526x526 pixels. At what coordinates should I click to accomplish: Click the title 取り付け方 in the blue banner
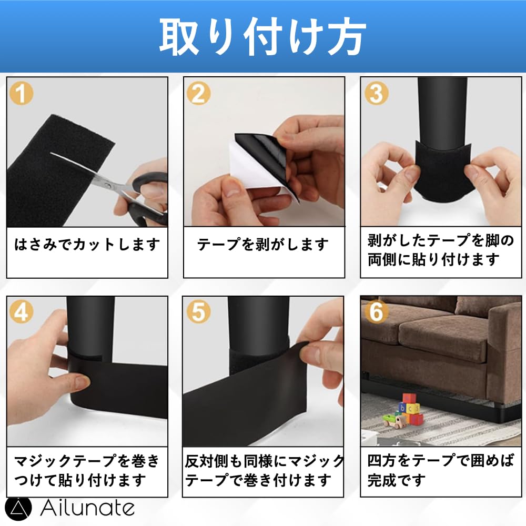pos(262,36)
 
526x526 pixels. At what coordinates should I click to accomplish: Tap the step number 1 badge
pos(22,93)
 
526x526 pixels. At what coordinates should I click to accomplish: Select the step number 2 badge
pos(199,93)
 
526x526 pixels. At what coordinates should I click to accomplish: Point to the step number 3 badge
pos(376,93)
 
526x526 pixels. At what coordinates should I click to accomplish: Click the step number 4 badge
pos(22,311)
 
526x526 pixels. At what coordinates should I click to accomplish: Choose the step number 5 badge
pos(199,311)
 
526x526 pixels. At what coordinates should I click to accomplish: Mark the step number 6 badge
pos(376,311)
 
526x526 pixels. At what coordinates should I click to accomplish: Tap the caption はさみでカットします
pos(87,244)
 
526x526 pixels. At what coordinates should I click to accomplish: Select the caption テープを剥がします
pos(263,244)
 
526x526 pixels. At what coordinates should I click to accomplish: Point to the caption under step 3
pos(441,250)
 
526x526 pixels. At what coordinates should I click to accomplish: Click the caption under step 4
pos(87,470)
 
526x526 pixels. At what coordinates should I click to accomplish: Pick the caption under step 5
pos(265,470)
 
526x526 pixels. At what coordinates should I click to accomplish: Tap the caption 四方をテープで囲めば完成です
pos(441,470)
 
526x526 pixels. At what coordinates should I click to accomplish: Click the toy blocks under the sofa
pos(410,409)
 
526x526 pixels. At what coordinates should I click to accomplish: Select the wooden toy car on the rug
pos(393,420)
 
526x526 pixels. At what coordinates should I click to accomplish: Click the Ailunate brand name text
pos(88,508)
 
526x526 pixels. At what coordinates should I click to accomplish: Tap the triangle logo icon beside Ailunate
pos(18,509)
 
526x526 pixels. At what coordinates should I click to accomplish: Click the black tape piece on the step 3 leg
pos(442,172)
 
